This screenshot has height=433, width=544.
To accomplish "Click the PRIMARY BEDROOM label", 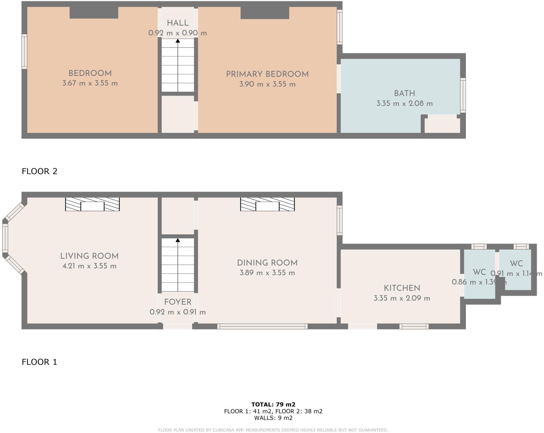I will [267, 74].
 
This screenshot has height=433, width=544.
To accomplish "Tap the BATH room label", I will [404, 93].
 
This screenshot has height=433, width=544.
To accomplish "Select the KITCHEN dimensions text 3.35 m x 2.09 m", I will [402, 298].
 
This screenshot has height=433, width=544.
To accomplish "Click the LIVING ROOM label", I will [89, 256].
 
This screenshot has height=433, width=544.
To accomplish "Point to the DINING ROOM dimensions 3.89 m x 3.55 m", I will [267, 273].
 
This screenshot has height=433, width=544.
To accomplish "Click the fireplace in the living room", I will [92, 204].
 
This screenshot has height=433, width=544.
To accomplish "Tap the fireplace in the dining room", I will [267, 204].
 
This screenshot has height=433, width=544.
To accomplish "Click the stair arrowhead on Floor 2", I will [178, 41].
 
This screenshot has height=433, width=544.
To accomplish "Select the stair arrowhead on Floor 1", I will [178, 240].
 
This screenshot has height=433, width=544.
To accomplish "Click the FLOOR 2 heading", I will [39, 171].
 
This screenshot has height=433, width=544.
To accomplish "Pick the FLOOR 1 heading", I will [39, 362].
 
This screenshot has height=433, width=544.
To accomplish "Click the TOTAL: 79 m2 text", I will [273, 404].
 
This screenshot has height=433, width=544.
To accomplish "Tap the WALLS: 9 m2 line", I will [273, 418].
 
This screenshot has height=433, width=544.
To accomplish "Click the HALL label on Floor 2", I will [178, 23].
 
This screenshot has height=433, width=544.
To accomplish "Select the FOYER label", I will [178, 302].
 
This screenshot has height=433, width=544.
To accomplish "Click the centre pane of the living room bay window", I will [5, 238].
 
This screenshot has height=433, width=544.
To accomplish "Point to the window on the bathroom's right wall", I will [463, 95].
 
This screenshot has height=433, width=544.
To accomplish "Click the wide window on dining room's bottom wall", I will [262, 326].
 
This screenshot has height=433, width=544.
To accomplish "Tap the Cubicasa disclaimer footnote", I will [273, 430].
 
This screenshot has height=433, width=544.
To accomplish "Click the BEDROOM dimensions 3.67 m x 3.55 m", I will [90, 83].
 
